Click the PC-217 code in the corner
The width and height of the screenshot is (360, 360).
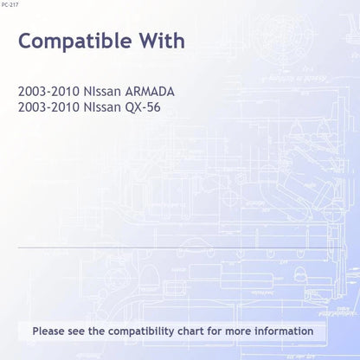10,4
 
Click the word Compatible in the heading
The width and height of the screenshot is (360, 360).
75,41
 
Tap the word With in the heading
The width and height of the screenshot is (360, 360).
163,41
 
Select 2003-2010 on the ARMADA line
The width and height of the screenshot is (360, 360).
48,92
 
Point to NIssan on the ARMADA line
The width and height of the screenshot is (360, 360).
102,92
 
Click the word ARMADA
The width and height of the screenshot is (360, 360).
150,92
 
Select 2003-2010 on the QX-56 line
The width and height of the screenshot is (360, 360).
48,107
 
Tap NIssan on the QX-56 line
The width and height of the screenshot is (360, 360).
102,107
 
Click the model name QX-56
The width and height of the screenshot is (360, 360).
143,107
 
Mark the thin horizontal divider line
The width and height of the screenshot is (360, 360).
180,247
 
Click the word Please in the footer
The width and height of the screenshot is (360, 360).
48,331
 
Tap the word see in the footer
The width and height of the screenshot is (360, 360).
76,331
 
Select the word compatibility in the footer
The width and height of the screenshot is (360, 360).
141,331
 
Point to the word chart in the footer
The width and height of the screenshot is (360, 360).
190,331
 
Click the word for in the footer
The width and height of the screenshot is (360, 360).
215,331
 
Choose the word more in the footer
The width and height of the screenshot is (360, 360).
238,331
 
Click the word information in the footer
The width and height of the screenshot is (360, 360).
284,331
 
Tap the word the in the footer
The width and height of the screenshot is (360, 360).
97,331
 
